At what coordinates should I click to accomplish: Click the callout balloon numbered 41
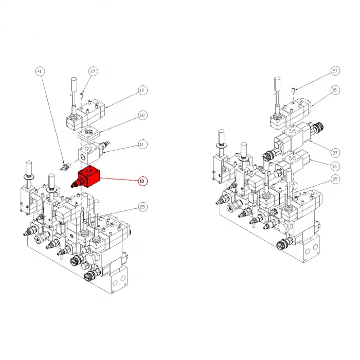click(39, 71)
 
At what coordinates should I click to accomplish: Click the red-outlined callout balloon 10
click(142, 181)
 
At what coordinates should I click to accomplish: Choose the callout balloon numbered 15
click(335, 91)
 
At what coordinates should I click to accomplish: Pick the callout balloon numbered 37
click(335, 152)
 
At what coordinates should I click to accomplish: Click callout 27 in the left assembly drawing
click(93, 71)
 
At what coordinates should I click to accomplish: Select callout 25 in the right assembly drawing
click(335, 179)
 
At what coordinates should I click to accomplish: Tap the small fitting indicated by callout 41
click(65, 167)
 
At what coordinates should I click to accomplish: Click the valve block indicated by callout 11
click(90, 151)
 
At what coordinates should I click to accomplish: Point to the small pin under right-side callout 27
click(292, 91)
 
